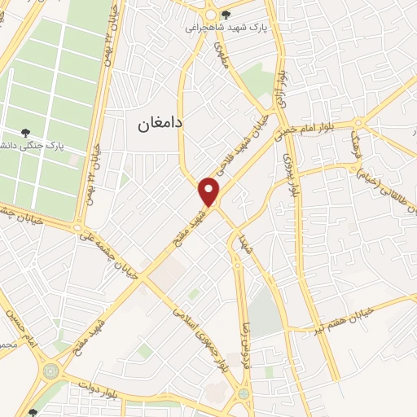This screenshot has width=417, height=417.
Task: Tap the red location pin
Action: coord(209,191)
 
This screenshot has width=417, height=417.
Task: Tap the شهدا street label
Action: coord(240,241)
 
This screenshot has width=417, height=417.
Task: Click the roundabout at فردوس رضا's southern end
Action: coord(243,395)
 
